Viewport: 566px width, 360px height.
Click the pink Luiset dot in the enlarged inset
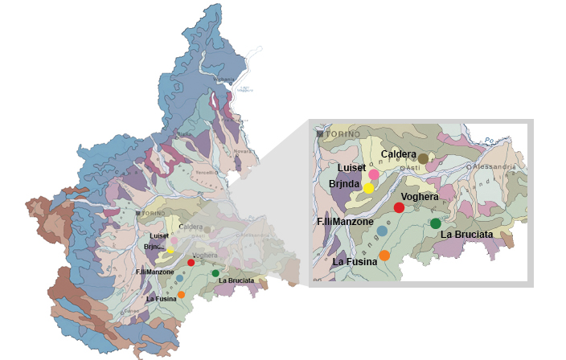pyautogui.click(x=374, y=174)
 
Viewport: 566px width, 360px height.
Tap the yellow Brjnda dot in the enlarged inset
pyautogui.click(x=368, y=188)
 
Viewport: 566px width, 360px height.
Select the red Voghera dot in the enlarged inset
pyautogui.click(x=399, y=207)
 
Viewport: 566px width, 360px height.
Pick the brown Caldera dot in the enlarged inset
pyautogui.click(x=423, y=158)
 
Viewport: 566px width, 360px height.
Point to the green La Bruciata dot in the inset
pyautogui.click(x=436, y=223)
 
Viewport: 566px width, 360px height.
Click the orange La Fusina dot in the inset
pyautogui.click(x=384, y=256)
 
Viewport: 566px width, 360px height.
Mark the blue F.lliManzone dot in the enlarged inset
pyautogui.click(x=382, y=231)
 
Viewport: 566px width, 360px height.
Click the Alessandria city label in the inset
pyautogui.click(x=494, y=166)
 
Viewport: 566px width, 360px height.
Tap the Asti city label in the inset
pyautogui.click(x=411, y=167)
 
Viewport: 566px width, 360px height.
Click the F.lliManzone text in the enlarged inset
pyautogui.click(x=344, y=220)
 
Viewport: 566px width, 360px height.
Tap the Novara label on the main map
pyautogui.click(x=243, y=150)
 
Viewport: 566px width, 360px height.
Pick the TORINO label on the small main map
pyautogui.click(x=150, y=213)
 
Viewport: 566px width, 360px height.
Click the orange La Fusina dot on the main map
pyautogui.click(x=182, y=295)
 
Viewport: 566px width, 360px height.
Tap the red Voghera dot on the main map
pyautogui.click(x=191, y=262)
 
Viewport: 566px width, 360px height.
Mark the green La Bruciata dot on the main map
pyautogui.click(x=216, y=273)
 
